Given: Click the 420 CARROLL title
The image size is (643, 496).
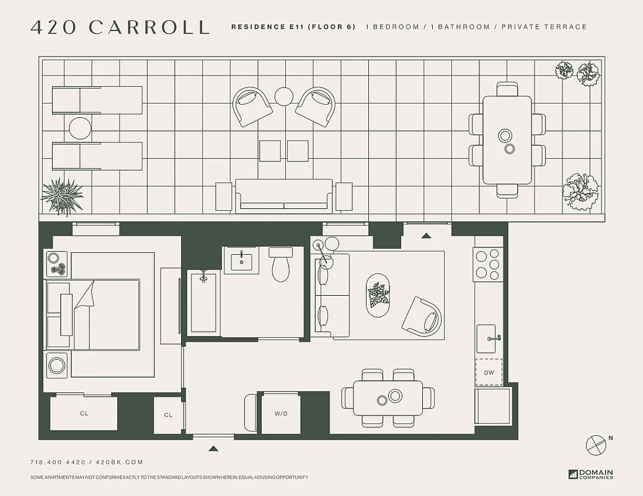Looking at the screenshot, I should click(120, 27).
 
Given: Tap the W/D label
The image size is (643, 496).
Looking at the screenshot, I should click(281, 414).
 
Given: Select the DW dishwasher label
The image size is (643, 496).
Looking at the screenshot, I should click(489, 372).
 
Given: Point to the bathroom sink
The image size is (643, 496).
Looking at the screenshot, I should click(241, 260).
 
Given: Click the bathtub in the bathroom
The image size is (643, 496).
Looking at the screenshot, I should click(203, 303).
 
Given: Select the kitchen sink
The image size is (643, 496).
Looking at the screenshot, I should click(489, 339).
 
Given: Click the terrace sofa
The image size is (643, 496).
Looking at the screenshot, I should click(283, 195).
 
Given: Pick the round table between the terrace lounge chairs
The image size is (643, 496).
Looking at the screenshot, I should click(80, 128).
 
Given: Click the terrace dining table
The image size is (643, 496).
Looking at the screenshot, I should click(507, 140).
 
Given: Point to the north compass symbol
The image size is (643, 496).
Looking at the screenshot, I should click(596, 445).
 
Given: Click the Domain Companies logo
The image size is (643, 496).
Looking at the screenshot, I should click(590, 474).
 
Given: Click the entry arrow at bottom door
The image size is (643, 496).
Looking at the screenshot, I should click(213, 448).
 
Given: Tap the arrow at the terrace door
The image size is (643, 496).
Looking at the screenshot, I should click(426, 236).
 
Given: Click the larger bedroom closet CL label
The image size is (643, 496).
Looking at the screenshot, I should click(84, 413).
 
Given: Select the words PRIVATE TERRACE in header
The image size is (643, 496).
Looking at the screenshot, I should click(544, 27).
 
